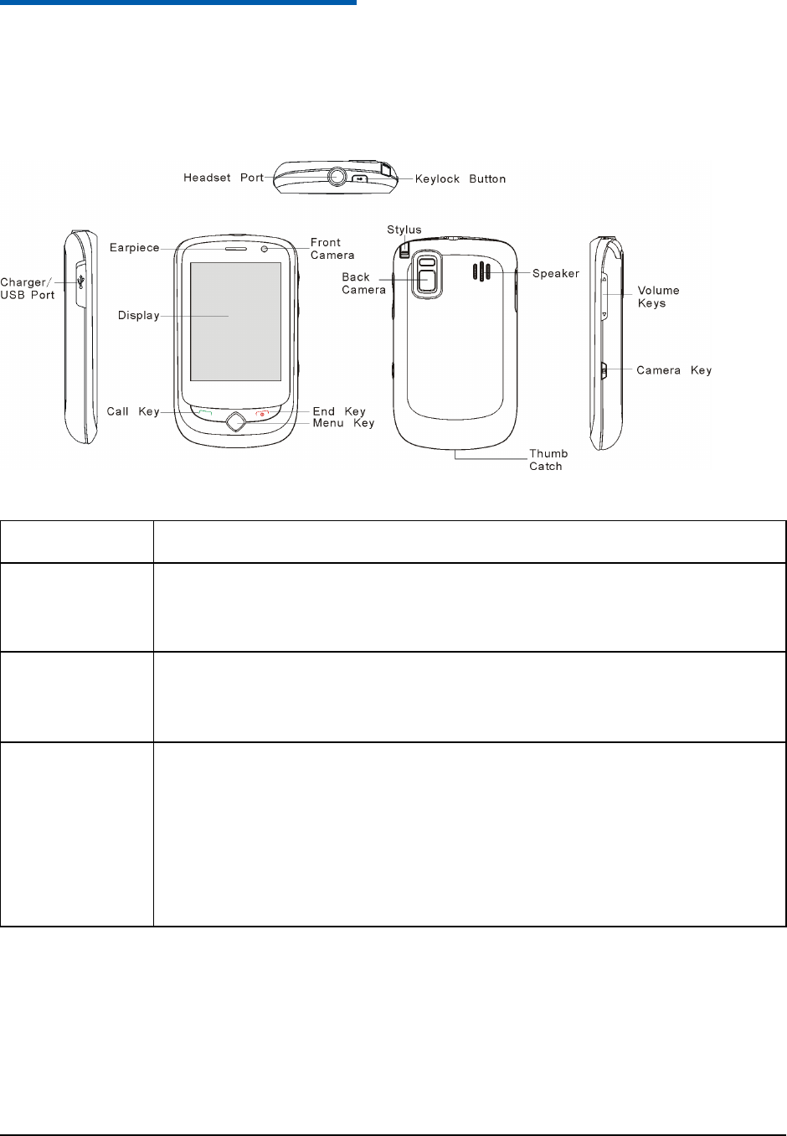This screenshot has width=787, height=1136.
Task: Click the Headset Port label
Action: pyautogui.click(x=224, y=178)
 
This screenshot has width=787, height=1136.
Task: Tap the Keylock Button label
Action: pyautogui.click(x=460, y=178)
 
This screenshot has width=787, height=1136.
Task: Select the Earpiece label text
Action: pyautogui.click(x=134, y=248)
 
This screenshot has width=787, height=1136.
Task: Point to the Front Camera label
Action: pyautogui.click(x=332, y=249)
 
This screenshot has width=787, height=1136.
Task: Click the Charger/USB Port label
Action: pyautogui.click(x=28, y=288)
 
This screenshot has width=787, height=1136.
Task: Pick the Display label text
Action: pyautogui.click(x=138, y=316)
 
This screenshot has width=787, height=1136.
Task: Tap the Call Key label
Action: pyautogui.click(x=132, y=411)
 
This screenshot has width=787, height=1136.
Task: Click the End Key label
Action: pyautogui.click(x=339, y=411)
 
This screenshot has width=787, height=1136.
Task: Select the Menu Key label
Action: pyautogui.click(x=343, y=423)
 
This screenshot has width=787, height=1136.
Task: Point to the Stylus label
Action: pyautogui.click(x=404, y=230)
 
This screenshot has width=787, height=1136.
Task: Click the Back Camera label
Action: pyautogui.click(x=363, y=283)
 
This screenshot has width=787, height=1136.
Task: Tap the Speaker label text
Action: pyautogui.click(x=556, y=273)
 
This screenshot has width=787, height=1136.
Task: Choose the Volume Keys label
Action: pyautogui.click(x=658, y=297)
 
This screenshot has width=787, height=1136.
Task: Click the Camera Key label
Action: pyautogui.click(x=674, y=369)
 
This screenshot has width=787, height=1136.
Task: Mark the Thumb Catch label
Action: pyautogui.click(x=548, y=460)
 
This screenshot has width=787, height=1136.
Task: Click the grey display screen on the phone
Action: pyautogui.click(x=235, y=322)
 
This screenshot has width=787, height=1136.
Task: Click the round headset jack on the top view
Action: pyautogui.click(x=337, y=177)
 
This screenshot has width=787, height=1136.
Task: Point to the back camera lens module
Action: pyautogui.click(x=427, y=273)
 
